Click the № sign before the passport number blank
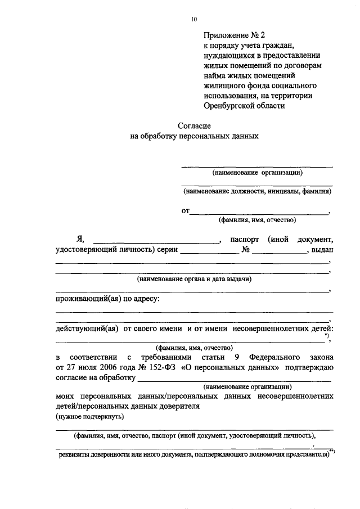click(245, 251)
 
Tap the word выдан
click(322, 251)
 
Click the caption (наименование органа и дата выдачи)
click(194, 278)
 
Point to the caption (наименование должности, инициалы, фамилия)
click(257, 191)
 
